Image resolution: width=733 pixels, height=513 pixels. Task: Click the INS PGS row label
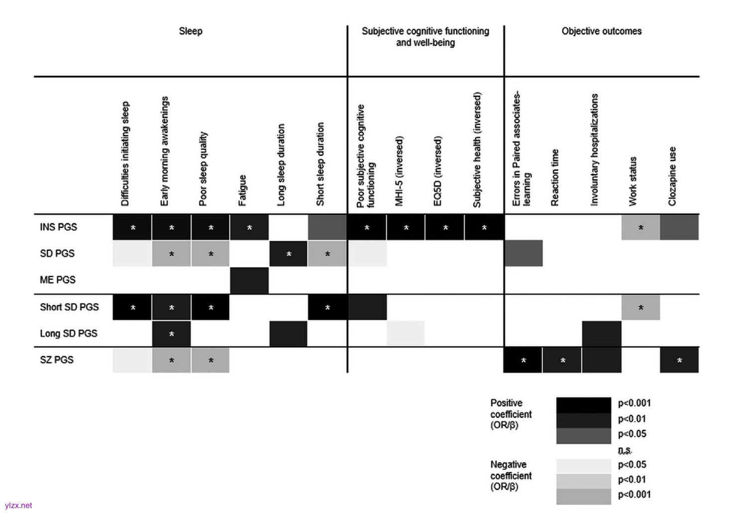[x=58, y=227]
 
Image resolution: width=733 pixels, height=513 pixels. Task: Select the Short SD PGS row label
[x=69, y=307]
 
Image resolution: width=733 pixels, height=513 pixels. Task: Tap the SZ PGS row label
[x=56, y=360]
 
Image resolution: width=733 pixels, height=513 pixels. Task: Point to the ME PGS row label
[x=57, y=280]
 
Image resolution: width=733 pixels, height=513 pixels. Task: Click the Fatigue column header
[x=242, y=190]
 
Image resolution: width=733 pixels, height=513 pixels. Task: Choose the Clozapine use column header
[x=672, y=176]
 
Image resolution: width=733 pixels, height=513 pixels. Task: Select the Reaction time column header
[x=555, y=177]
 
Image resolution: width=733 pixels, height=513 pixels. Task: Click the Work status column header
[x=632, y=181]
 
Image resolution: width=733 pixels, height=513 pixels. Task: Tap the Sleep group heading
[x=191, y=31]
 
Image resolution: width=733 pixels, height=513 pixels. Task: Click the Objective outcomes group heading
[x=602, y=31]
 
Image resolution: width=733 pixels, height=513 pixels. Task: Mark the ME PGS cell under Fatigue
[x=249, y=280]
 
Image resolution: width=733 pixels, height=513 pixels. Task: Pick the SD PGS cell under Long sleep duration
[x=289, y=254]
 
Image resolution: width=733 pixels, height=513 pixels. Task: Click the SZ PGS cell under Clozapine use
[x=679, y=360]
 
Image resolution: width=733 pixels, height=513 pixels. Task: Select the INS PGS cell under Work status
[x=641, y=227]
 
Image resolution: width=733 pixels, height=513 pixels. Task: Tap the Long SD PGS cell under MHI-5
[x=406, y=333]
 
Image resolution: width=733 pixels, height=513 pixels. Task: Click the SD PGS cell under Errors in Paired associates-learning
[x=524, y=254]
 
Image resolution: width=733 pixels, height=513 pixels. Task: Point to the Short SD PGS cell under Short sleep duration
[x=327, y=307]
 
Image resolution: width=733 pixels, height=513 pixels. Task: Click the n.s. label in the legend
[x=625, y=450]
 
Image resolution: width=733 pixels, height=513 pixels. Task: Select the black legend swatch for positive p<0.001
[x=583, y=405]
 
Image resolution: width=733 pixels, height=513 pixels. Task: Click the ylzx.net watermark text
[x=18, y=506]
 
